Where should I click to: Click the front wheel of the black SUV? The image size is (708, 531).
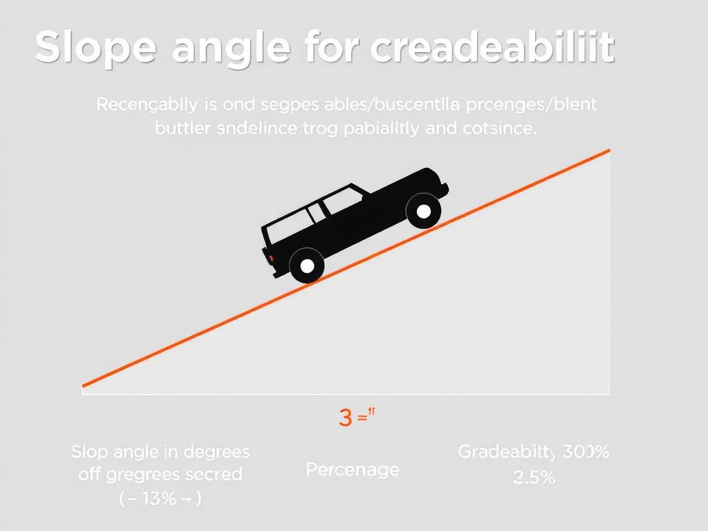(423, 210)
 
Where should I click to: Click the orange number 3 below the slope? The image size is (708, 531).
(346, 418)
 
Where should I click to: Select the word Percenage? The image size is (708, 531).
(352, 470)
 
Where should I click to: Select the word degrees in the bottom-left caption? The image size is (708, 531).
(215, 453)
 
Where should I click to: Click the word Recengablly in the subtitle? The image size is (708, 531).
(146, 106)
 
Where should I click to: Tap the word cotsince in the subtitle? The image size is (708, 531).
(497, 129)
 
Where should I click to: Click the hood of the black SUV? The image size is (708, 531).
(415, 181)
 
